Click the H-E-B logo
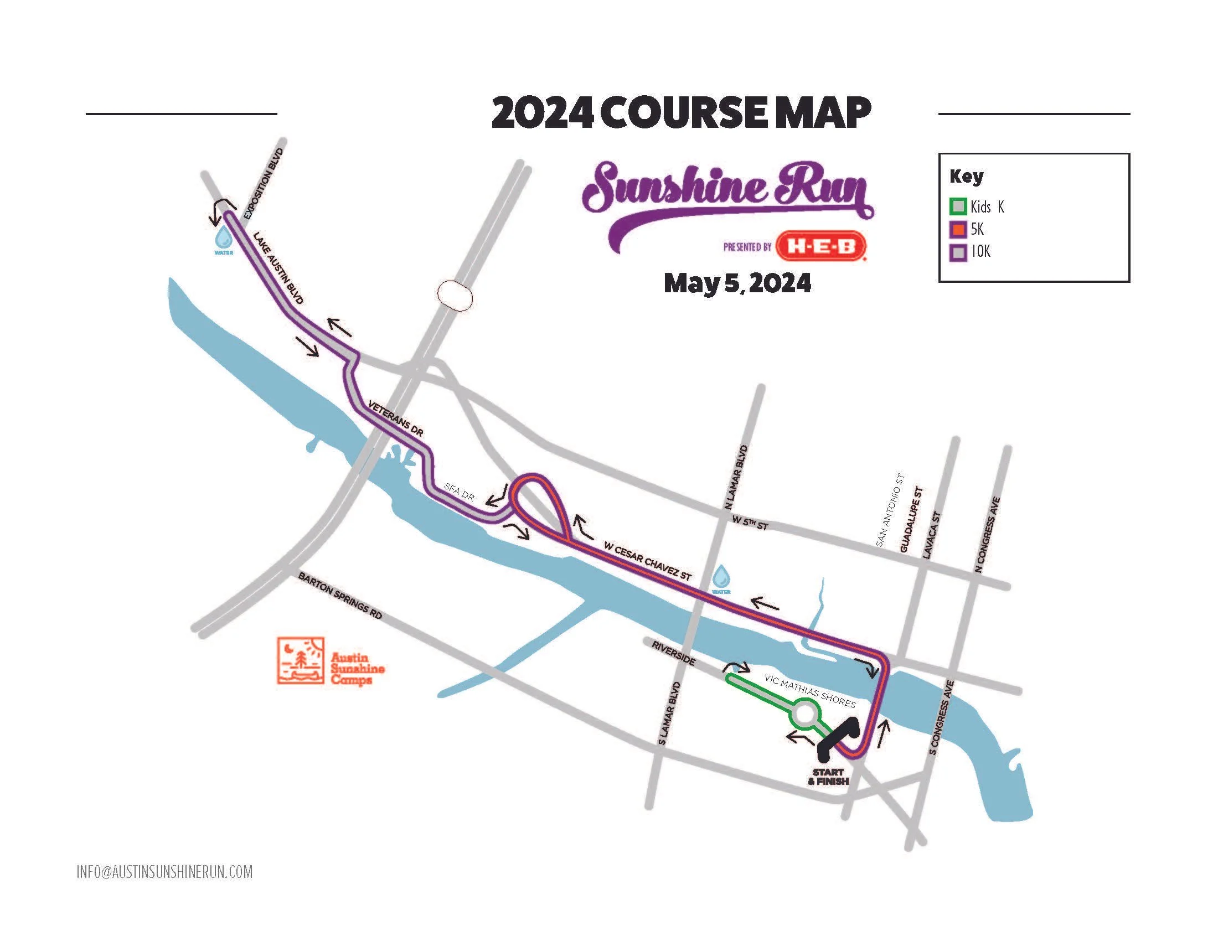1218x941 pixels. (820, 246)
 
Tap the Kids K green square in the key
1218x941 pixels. (958, 207)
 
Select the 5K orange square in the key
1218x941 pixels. (958, 229)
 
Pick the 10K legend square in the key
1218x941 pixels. (958, 252)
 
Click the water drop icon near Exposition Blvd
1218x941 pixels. (224, 237)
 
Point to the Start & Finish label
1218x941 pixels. (828, 777)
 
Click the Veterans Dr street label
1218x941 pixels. (395, 418)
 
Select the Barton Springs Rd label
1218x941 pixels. (340, 596)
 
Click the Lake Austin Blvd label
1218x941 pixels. (278, 268)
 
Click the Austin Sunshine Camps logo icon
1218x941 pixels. (301, 660)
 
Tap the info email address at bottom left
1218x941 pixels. (164, 872)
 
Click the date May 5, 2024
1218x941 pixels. (737, 283)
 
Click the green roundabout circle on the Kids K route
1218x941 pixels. (806, 715)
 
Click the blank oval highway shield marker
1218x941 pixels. (455, 296)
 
